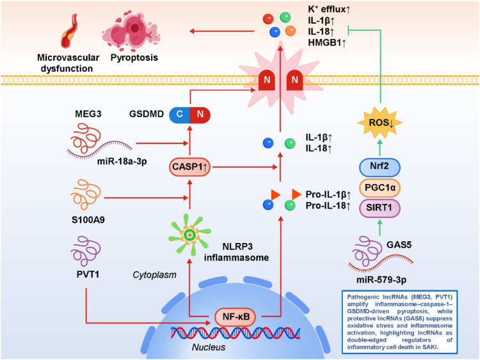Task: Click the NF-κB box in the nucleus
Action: tap(236, 317)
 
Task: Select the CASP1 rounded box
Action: tap(190, 167)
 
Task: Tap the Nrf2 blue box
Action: tap(380, 167)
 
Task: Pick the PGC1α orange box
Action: tap(380, 187)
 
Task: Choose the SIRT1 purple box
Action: tap(380, 208)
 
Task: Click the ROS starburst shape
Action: tap(380, 123)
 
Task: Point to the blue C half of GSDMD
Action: tap(180, 114)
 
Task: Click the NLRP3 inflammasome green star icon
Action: tap(190, 235)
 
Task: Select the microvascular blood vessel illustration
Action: tap(70, 31)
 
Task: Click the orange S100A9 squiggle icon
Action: tap(86, 194)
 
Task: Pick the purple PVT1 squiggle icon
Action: tap(86, 251)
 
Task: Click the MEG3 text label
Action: tap(88, 114)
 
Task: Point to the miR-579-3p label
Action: tap(381, 279)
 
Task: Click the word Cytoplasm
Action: tap(155, 275)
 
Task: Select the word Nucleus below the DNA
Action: tap(209, 347)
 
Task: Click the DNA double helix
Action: tap(236, 333)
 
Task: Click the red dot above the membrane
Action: tap(268, 19)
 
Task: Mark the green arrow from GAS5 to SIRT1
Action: tap(380, 228)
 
